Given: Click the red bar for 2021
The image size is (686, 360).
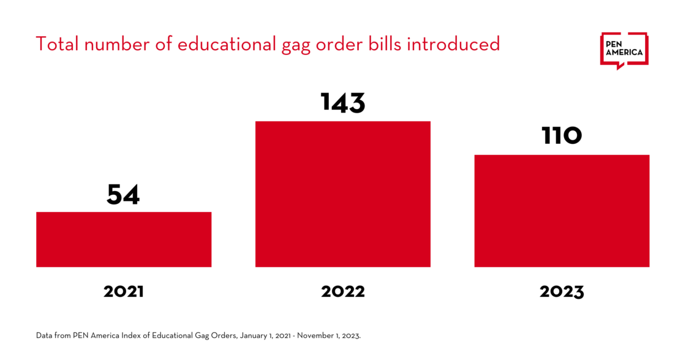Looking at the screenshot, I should (124, 239).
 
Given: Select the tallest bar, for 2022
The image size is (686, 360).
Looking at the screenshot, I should (342, 194).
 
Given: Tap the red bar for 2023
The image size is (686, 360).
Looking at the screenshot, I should (562, 211).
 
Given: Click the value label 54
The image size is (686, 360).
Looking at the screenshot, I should (123, 195).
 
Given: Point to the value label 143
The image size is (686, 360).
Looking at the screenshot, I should (342, 103).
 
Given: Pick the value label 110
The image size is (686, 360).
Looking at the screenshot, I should (562, 137).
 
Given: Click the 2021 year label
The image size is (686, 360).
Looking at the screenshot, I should (123, 291).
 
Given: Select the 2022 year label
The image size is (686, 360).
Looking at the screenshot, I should (342, 291).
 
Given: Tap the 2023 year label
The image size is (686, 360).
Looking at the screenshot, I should (562, 291).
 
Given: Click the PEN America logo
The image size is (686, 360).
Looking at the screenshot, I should (624, 50).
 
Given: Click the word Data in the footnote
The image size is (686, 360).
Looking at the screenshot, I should (44, 336).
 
